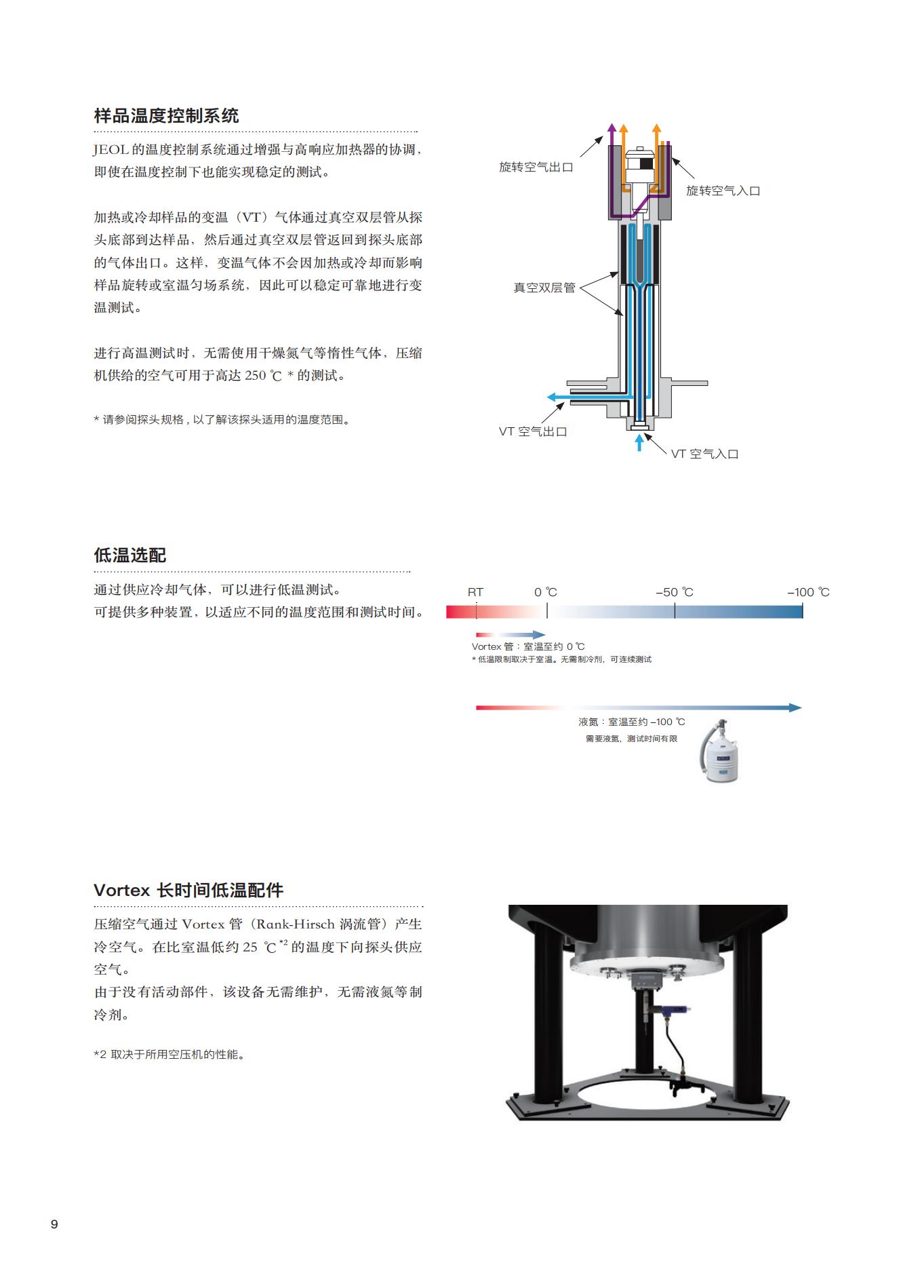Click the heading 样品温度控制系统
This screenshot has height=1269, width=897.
click(166, 115)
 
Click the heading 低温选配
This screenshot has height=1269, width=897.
click(129, 555)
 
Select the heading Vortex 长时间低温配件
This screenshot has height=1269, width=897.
click(188, 891)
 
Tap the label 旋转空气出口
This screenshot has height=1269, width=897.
click(536, 167)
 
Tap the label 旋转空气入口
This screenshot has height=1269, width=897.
click(723, 191)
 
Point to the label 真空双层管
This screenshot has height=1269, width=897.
click(544, 288)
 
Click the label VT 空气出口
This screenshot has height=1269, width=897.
click(533, 431)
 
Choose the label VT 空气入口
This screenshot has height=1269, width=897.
click(704, 454)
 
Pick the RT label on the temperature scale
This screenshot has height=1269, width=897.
click(475, 592)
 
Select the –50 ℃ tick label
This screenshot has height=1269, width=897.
click(675, 592)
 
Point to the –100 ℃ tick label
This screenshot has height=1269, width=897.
click(808, 592)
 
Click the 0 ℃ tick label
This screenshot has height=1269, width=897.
click(546, 592)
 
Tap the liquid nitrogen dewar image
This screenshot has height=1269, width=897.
click(720, 751)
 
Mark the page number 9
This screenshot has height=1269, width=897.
click(54, 1224)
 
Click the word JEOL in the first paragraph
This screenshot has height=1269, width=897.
click(111, 150)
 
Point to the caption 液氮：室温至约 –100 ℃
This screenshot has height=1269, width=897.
click(632, 722)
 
